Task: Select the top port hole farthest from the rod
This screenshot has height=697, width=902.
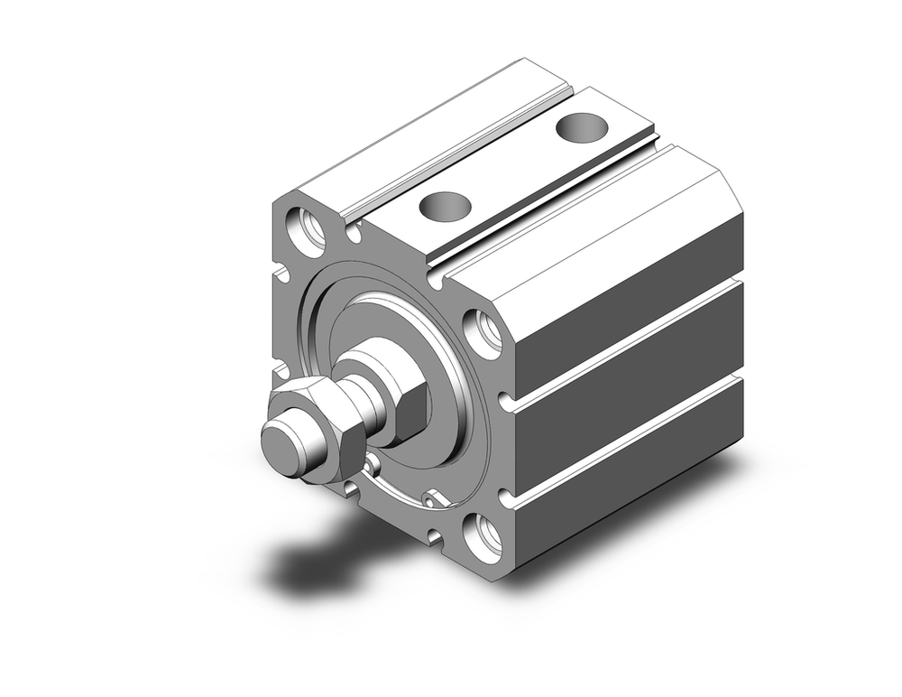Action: [583, 127]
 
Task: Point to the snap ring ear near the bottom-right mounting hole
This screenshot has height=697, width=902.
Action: [434, 497]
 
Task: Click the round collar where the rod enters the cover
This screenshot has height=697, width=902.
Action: [370, 357]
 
